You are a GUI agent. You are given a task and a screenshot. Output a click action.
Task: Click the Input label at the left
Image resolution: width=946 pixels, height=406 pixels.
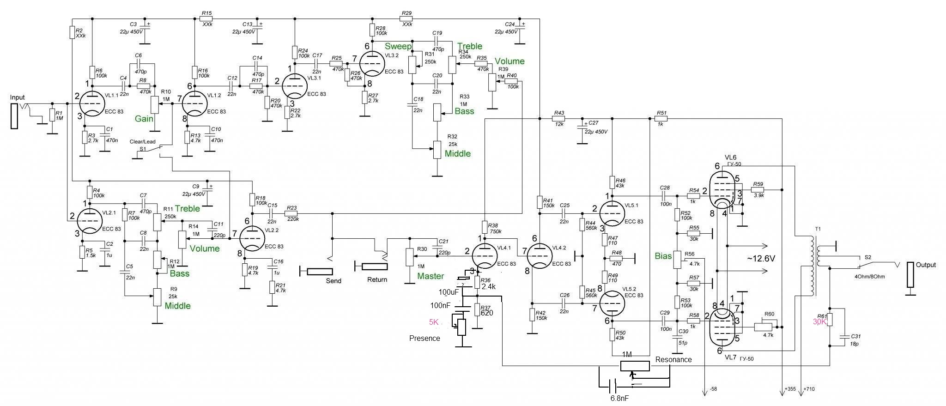pos(18,97)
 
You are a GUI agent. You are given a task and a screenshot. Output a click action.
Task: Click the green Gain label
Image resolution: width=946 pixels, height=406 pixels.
pos(144,119)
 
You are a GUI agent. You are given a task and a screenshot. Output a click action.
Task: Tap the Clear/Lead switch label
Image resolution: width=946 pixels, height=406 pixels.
pos(143,142)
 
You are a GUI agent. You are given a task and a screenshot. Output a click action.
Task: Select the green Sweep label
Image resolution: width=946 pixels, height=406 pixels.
pos(398,46)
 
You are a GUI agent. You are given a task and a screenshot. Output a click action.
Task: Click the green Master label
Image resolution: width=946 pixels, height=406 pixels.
pos(431,276)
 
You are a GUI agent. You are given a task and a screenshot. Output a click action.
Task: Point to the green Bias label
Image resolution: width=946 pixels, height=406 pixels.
pos(663,256)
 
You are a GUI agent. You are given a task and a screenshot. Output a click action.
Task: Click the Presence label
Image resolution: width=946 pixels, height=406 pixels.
pos(424,338)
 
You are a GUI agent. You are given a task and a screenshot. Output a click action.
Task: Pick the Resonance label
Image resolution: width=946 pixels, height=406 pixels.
pos(673,359)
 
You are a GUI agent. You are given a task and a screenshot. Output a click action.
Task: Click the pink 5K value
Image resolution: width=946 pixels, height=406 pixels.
pos(434,322)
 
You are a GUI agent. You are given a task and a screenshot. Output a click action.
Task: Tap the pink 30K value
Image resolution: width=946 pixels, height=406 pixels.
pos(819,322)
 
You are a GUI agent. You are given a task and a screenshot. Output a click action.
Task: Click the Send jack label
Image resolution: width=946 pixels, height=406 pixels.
pos(334,281)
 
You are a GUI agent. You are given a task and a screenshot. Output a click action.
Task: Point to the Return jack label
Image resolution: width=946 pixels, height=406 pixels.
pos(377,279)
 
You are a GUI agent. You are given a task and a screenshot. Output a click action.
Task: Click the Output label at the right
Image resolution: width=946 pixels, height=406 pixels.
pos(926,265)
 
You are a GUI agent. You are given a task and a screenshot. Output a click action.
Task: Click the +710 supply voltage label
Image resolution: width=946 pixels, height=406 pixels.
pos(809,389)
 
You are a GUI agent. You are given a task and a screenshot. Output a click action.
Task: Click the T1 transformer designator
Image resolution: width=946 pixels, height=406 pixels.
pos(818,229)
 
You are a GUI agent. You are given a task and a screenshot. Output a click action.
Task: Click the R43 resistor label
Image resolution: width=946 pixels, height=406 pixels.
pos(559,113)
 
